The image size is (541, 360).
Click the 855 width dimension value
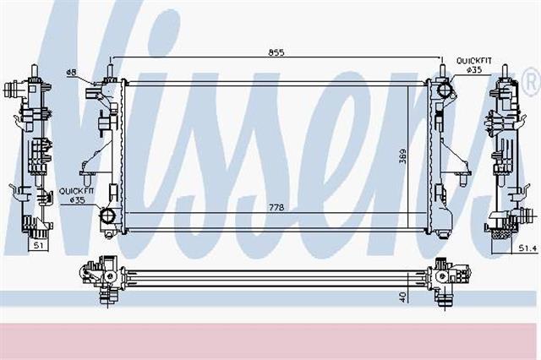(276, 52)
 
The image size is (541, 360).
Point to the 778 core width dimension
(276, 207)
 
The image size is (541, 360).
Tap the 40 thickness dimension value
(403, 297)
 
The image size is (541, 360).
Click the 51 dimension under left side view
(38, 245)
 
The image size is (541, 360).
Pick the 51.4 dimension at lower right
(527, 248)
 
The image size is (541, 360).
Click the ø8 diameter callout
(71, 72)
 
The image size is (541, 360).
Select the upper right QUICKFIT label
(473, 61)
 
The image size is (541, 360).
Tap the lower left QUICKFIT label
(76, 191)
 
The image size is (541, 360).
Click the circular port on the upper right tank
(445, 90)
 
